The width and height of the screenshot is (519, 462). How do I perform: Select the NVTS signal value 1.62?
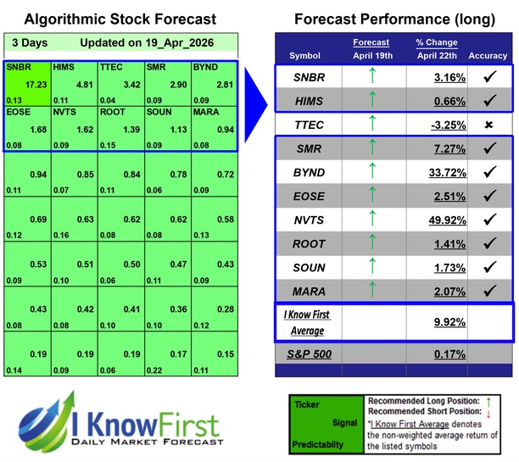click(x=81, y=130)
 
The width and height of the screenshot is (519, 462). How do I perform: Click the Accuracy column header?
click(x=488, y=56)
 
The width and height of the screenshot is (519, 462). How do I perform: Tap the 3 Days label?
click(x=29, y=42)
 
